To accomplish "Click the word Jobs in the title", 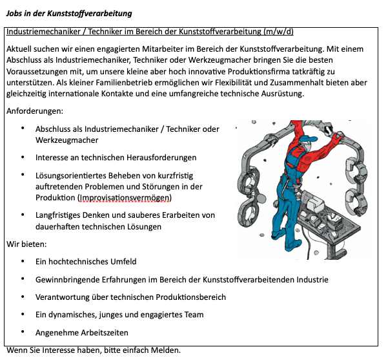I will pos(15,14).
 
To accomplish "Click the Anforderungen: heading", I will pos(35,111).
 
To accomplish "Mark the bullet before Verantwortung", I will pos(23,297).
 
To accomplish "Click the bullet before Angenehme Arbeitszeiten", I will pos(23,332).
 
